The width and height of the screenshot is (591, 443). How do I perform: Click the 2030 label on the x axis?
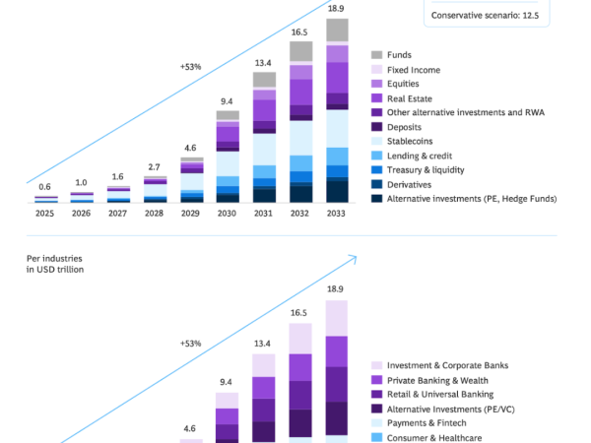coord(227,214)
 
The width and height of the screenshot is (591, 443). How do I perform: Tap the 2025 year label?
coord(44,214)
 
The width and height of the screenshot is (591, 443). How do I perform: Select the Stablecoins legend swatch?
coord(376,141)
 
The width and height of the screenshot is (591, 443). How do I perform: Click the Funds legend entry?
coord(391,55)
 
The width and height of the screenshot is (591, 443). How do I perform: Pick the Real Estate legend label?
coord(410,98)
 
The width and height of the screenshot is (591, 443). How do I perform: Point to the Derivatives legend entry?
coord(401,185)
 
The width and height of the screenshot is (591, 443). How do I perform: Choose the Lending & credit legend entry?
coord(411,156)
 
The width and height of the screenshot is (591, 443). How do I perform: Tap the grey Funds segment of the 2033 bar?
coord(337,31)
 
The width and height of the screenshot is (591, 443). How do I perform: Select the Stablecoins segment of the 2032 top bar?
coord(300,138)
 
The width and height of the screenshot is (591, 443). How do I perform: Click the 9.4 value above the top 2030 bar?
coord(227,101)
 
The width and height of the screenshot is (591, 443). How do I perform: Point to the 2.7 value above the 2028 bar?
coord(154,167)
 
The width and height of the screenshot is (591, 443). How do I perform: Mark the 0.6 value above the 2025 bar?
coord(44,187)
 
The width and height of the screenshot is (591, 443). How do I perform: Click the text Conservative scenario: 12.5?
coord(485,16)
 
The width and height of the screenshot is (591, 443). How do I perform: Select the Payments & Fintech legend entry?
coord(419,423)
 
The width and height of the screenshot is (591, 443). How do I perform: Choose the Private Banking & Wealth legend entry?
coord(429,380)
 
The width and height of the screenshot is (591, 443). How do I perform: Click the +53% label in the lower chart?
coord(191,344)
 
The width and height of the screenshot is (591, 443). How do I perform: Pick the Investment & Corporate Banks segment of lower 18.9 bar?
coord(337,318)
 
